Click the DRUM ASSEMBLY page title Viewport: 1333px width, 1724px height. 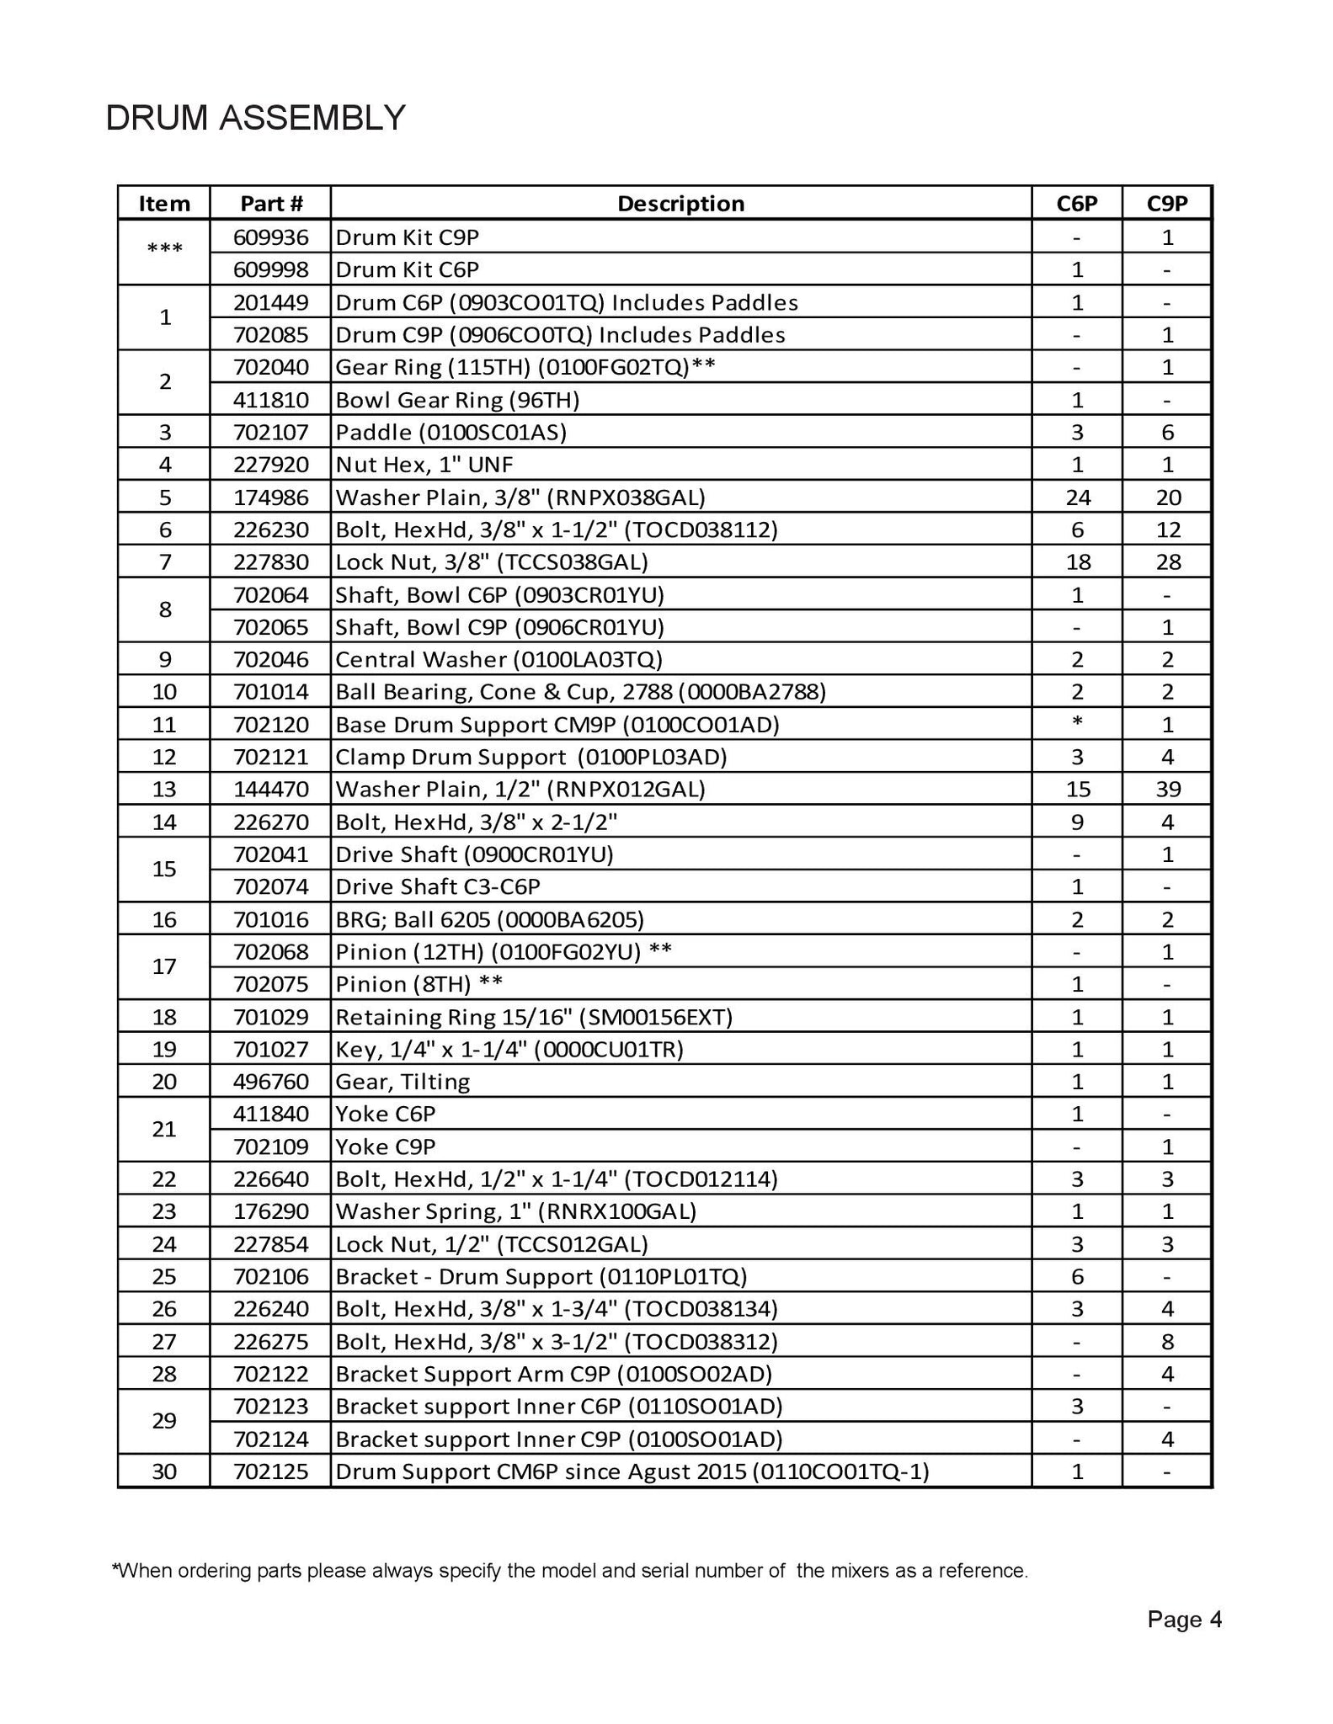coord(255,118)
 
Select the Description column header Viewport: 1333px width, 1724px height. coord(680,204)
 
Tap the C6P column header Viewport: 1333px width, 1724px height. coord(1077,204)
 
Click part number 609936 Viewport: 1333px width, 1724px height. coord(270,237)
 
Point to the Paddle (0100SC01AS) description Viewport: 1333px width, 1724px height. coord(451,433)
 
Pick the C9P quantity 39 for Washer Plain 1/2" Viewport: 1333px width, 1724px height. coord(1167,790)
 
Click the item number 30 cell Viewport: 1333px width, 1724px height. coord(164,1472)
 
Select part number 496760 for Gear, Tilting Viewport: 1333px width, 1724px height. coord(270,1082)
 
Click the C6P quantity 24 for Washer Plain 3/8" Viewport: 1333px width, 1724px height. coord(1077,498)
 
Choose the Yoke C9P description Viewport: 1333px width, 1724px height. coord(386,1147)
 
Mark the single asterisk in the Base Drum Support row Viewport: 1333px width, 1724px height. coord(1077,721)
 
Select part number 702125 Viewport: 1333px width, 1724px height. coord(270,1472)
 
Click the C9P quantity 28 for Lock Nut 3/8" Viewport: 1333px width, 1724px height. coord(1167,562)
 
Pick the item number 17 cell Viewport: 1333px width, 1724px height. coord(164,967)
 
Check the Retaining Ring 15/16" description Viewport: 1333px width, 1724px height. coord(534,1017)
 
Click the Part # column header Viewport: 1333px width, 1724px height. coord(270,204)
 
